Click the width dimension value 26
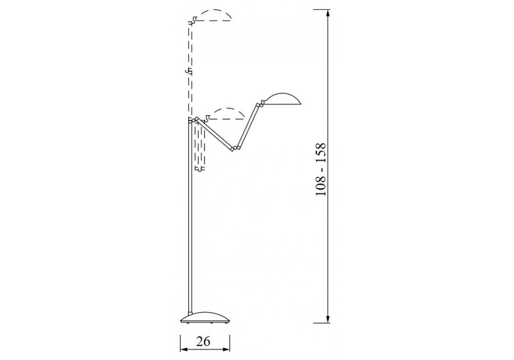pos(203,341)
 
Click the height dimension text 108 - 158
pos(321,169)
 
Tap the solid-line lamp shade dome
pos(282,99)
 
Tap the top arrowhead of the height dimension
pos(328,14)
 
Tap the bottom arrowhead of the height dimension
pos(328,319)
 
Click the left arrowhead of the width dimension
pos(184,349)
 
